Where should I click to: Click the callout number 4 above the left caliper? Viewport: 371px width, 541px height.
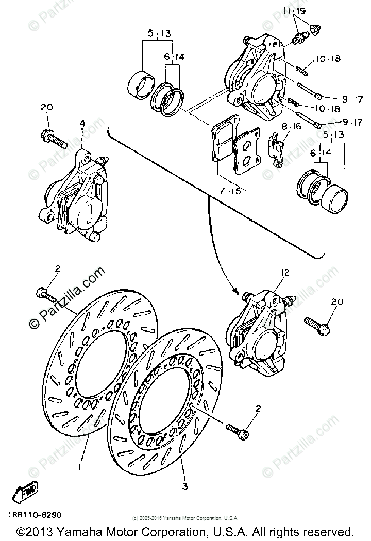[81, 123]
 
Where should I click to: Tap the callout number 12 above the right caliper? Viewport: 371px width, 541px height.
[285, 273]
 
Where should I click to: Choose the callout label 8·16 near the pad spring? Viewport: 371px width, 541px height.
[291, 126]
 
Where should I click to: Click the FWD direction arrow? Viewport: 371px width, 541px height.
[24, 493]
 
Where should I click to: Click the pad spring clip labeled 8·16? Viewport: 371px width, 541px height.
[277, 147]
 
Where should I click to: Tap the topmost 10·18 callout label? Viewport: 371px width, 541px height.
[329, 59]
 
